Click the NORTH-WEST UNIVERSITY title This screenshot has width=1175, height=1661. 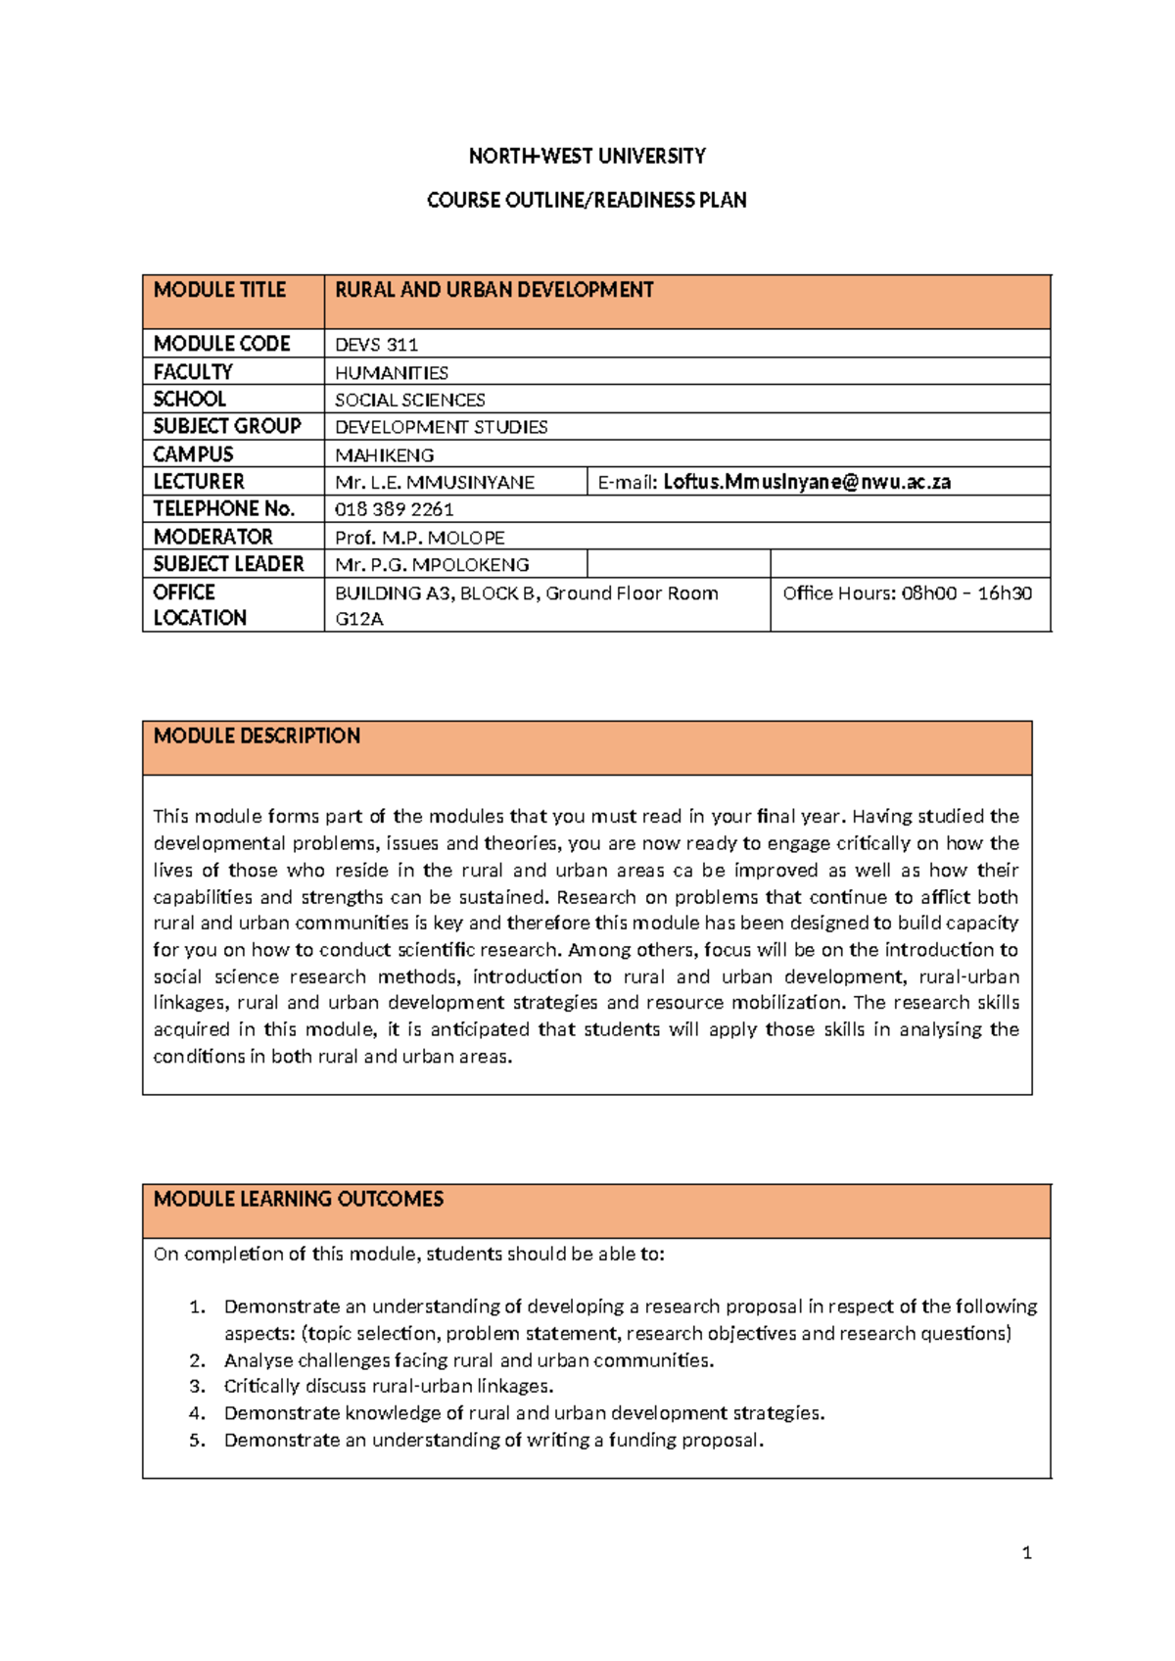[587, 157]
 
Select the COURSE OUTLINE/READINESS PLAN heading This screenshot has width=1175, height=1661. [587, 201]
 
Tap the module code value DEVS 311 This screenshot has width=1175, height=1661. [376, 345]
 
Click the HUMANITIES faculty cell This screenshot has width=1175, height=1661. [392, 373]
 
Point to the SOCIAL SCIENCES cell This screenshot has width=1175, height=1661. [409, 401]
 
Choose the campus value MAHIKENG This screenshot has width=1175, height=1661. [384, 455]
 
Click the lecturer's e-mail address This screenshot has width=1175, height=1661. [806, 482]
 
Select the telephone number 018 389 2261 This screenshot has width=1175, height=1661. [394, 509]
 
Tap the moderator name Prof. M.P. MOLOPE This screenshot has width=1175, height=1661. [419, 538]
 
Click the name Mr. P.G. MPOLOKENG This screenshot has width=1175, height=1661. [432, 565]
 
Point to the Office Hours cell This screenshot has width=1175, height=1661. [907, 593]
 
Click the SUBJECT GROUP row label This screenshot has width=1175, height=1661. [227, 427]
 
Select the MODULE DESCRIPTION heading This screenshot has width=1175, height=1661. [257, 736]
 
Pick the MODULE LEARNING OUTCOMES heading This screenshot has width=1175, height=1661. [298, 1200]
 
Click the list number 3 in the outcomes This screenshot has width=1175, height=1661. [197, 1387]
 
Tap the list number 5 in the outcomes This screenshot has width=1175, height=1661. [197, 1441]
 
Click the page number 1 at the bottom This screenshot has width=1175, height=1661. [1026, 1553]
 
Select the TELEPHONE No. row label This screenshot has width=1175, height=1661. [223, 509]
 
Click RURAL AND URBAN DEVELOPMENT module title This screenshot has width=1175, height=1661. [493, 291]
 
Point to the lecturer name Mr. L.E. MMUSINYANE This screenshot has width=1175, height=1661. [434, 483]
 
